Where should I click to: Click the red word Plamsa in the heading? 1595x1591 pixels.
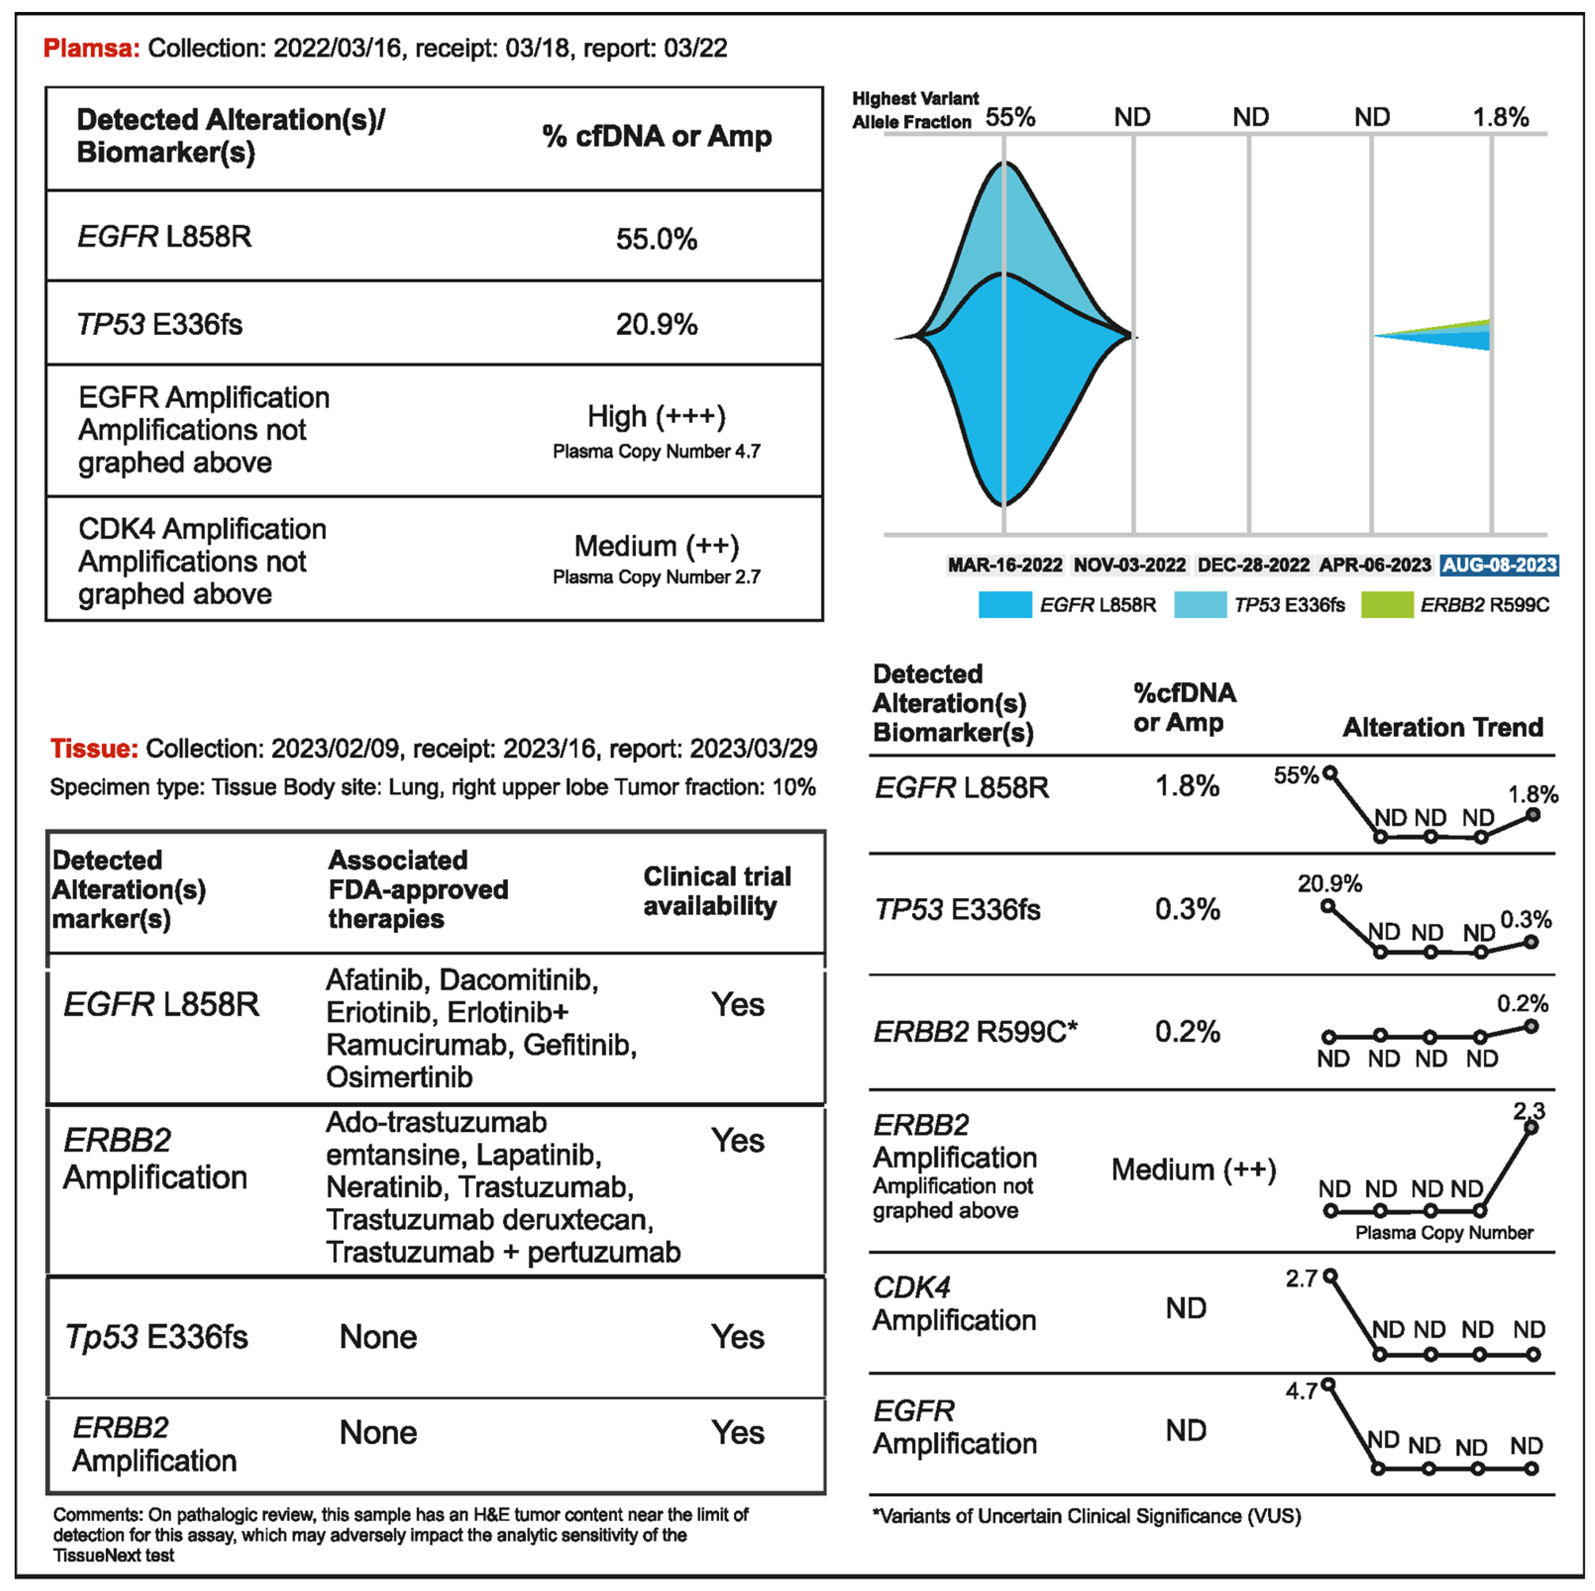tap(91, 48)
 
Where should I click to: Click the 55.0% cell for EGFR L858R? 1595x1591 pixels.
tap(656, 240)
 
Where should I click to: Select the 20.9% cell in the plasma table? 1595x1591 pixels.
tap(656, 324)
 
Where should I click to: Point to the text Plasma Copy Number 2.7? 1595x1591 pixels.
tap(656, 577)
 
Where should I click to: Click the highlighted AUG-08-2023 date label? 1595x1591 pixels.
tap(1499, 565)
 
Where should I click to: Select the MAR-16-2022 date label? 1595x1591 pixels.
tap(1005, 565)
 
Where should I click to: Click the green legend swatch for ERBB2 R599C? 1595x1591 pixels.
tap(1387, 604)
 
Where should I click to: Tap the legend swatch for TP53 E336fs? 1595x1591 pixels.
tap(1200, 604)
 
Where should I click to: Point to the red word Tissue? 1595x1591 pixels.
tap(93, 748)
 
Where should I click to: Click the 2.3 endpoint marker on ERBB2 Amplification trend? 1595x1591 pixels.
tap(1531, 1128)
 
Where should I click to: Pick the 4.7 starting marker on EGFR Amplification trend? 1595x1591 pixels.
tap(1328, 1385)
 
